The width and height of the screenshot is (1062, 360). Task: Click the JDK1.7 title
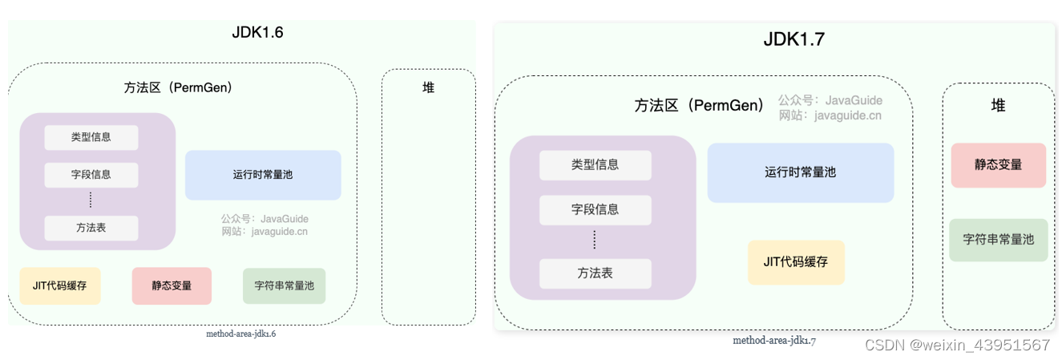793,40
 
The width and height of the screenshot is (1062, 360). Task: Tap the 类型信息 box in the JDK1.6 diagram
91,137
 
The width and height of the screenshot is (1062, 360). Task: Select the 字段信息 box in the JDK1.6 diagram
91,175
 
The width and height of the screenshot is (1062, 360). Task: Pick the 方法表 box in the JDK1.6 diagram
91,228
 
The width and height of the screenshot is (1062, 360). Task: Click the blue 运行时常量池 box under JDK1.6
263,175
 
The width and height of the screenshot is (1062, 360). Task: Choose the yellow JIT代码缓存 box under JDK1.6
60,285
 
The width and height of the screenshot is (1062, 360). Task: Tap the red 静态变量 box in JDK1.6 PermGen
172,285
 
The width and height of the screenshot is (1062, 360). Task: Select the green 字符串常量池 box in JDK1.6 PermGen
285,285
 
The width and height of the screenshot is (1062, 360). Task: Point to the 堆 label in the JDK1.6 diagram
429,87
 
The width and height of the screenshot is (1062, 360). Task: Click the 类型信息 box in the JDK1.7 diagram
595,165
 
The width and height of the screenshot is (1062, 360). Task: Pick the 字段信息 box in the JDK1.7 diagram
595,209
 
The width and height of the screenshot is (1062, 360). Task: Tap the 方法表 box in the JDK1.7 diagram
595,273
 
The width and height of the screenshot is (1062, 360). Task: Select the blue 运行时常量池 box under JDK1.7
800,172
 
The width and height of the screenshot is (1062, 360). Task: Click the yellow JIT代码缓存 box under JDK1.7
796,262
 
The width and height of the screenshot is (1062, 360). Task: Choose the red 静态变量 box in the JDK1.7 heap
998,165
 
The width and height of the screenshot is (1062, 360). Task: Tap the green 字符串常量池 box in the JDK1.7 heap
998,240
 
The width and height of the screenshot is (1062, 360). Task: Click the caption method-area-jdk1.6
241,334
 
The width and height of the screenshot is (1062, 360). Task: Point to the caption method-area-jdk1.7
774,341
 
